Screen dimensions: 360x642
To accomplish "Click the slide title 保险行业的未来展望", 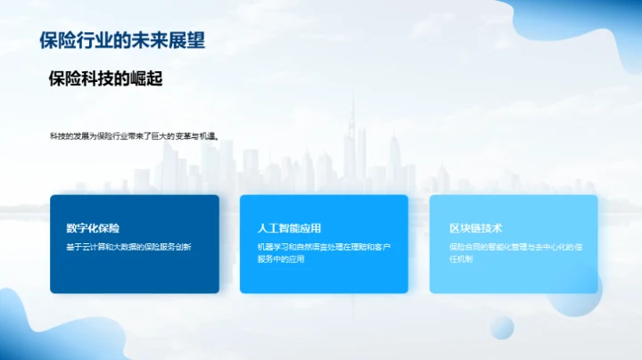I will tap(123, 40).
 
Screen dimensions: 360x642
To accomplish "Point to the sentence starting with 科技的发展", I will tap(135, 136).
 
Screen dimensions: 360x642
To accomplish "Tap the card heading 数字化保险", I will tap(93, 228).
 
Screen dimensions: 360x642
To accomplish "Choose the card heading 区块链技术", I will tap(476, 228).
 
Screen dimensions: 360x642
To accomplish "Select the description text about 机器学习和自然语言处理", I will tap(324, 252).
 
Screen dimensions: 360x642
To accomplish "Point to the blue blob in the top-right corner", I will tap(588, 36).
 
